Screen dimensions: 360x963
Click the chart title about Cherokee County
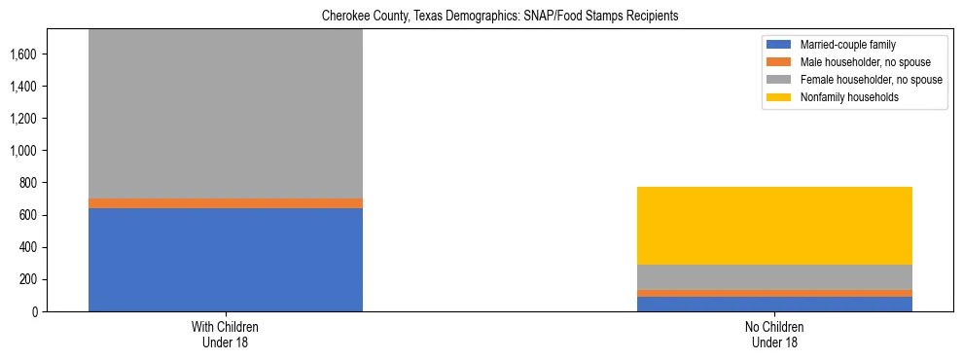(481, 16)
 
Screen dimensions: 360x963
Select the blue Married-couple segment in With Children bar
(225, 259)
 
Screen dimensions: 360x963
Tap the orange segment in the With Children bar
(225, 202)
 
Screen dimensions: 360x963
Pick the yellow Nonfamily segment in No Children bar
(774, 225)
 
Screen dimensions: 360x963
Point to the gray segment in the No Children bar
(774, 276)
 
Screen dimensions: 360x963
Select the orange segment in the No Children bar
(774, 293)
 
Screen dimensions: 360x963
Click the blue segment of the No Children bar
(774, 304)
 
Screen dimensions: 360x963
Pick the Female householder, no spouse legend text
(871, 80)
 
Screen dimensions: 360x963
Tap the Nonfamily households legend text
(848, 97)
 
